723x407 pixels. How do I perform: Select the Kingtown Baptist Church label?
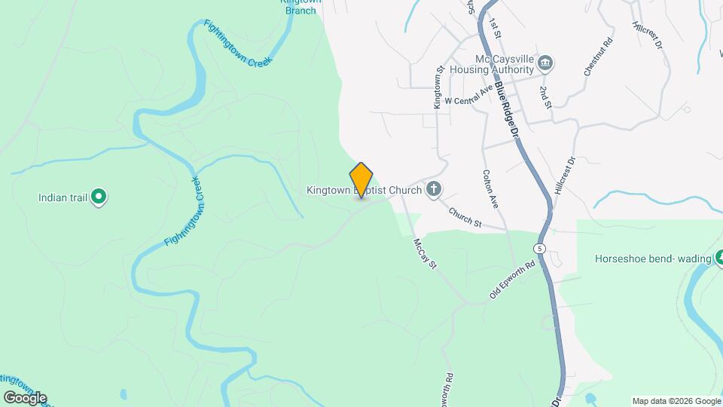click(364, 191)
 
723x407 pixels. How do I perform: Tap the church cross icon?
click(433, 189)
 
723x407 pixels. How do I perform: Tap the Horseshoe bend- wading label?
click(652, 259)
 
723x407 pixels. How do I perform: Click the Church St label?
click(465, 216)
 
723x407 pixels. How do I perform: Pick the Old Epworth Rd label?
click(511, 280)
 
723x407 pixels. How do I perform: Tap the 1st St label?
click(495, 28)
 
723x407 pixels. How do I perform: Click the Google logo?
click(25, 397)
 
